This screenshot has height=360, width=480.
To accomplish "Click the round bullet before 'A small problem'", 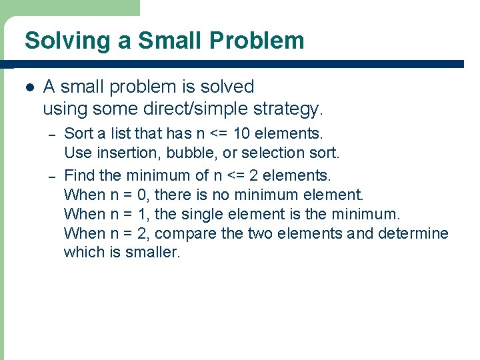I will click(x=28, y=87).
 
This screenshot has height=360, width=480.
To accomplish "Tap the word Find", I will click(x=79, y=176).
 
